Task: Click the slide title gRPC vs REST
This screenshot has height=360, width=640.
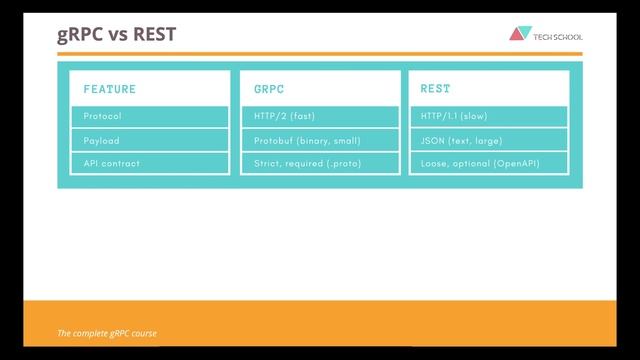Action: point(116,34)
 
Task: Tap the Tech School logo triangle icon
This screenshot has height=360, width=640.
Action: point(519,34)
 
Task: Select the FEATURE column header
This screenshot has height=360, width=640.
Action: point(110,89)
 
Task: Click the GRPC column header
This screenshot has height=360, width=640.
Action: point(270,89)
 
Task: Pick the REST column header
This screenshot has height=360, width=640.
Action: point(435,89)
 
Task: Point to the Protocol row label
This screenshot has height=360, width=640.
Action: point(103,116)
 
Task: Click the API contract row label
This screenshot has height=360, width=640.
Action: point(112,163)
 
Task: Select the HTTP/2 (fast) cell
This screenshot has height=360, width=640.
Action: point(284,116)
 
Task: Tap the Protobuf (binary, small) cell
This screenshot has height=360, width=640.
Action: point(307,140)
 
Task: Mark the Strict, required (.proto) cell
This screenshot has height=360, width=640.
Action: point(307,163)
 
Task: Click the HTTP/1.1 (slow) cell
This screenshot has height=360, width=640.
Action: point(455,116)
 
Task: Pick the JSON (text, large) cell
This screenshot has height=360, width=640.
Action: point(462,140)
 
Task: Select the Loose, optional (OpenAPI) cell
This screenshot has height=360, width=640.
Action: point(480,163)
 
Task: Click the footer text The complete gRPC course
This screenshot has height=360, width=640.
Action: point(107,333)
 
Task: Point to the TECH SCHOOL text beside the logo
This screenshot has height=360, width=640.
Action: point(558,37)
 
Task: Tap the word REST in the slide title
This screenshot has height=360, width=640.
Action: point(154,34)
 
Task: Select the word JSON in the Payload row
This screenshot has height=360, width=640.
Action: point(433,140)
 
